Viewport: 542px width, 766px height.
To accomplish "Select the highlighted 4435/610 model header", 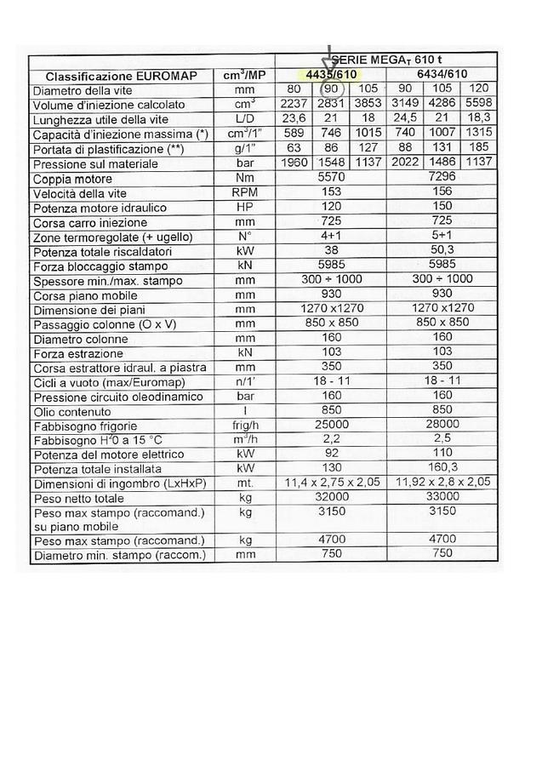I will [331, 75].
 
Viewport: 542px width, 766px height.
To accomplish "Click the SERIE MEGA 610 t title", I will [385, 60].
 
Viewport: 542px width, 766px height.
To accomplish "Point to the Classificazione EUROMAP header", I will [122, 76].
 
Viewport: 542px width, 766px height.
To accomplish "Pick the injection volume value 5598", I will [477, 105].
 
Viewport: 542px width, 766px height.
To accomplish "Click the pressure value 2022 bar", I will [403, 163].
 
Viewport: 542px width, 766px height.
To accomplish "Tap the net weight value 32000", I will [331, 498].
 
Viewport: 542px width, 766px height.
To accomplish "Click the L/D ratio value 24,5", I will [403, 119].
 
